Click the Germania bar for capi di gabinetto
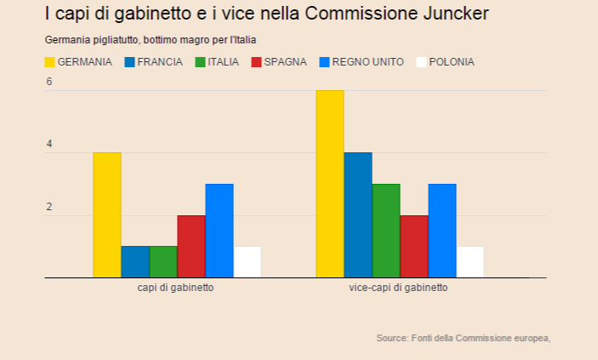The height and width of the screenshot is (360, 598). coord(107,214)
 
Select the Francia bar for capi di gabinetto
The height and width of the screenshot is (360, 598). coord(135,262)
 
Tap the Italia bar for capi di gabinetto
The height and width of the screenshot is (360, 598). coord(163,262)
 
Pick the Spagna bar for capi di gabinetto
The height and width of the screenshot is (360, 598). coord(191,246)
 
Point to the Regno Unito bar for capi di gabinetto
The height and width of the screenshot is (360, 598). coord(219,231)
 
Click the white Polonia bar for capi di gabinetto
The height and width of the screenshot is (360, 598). coord(248,262)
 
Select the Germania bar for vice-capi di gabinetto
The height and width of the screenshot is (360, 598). coord(330,184)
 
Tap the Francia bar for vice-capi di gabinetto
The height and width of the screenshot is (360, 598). coord(358,214)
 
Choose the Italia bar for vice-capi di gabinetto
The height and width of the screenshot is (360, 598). coord(386,231)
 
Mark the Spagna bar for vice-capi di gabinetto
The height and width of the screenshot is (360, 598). coord(414,246)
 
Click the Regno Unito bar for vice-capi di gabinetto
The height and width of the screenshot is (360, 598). coord(442,231)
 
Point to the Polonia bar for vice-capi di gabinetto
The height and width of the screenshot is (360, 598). coord(470,262)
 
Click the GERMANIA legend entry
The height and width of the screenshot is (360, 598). coord(78,62)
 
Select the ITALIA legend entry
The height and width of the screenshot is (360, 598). coord(217,62)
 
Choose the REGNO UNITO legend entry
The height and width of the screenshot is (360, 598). coord(362,62)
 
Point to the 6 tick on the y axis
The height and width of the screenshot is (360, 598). coord(49,82)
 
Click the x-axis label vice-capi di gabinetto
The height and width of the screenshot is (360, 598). coord(398,289)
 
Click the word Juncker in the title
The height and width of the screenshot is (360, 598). coord(449,14)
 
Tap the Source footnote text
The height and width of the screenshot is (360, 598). coord(463,339)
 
